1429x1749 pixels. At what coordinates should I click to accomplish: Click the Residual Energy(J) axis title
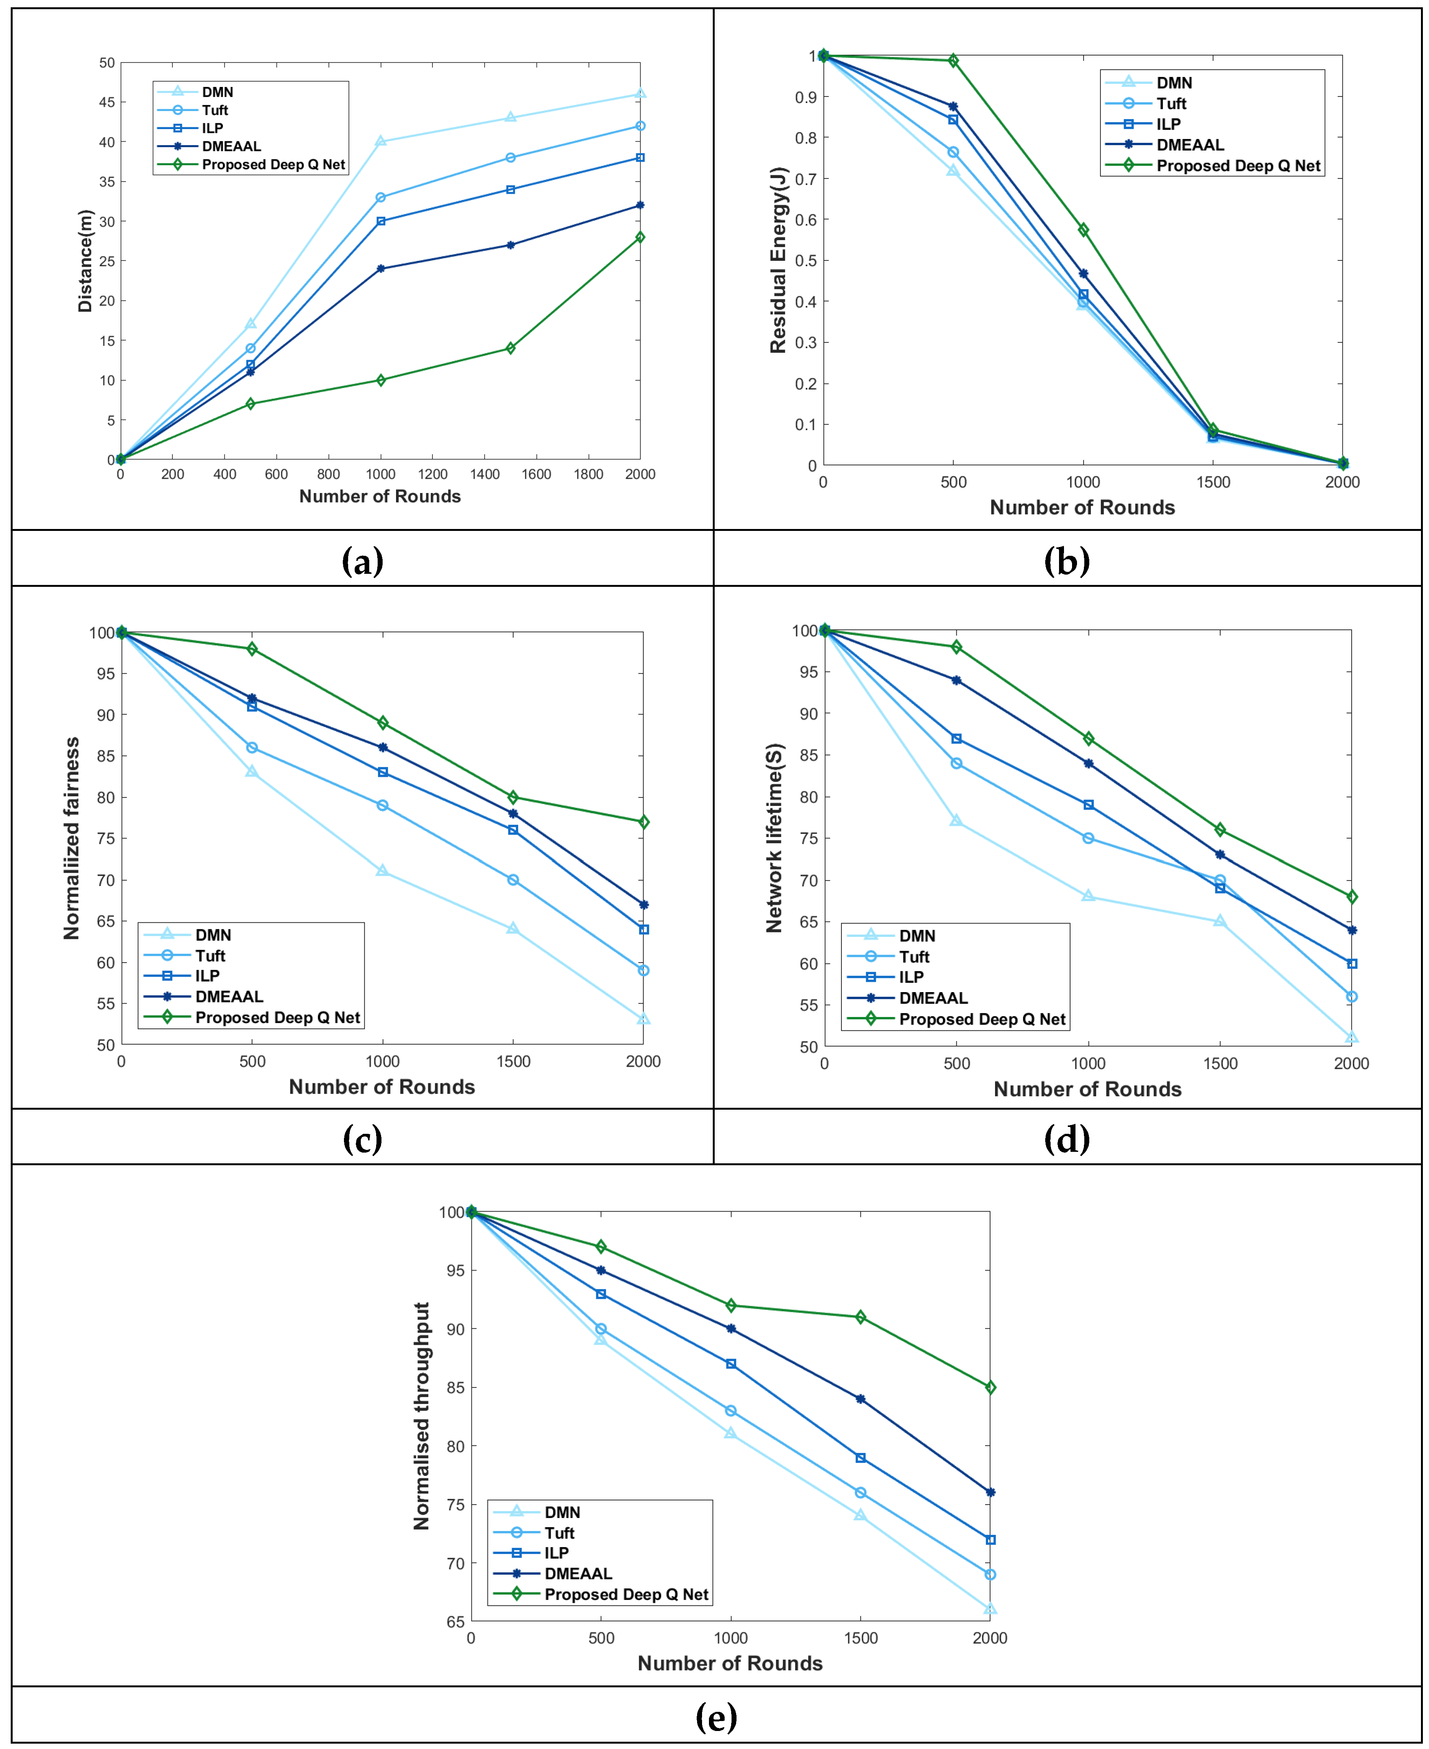778,260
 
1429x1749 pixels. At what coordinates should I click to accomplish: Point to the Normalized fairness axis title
72,838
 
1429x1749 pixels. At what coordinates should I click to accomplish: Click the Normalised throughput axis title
421,1416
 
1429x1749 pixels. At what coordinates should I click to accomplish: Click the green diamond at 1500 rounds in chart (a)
510,348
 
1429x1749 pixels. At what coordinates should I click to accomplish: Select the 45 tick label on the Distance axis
107,102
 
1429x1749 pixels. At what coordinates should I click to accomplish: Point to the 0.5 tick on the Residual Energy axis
806,261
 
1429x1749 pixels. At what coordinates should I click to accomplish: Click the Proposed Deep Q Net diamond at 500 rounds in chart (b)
953,60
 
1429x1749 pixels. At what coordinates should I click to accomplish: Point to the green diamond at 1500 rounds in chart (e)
860,1317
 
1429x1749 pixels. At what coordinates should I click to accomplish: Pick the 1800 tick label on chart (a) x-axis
589,474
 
